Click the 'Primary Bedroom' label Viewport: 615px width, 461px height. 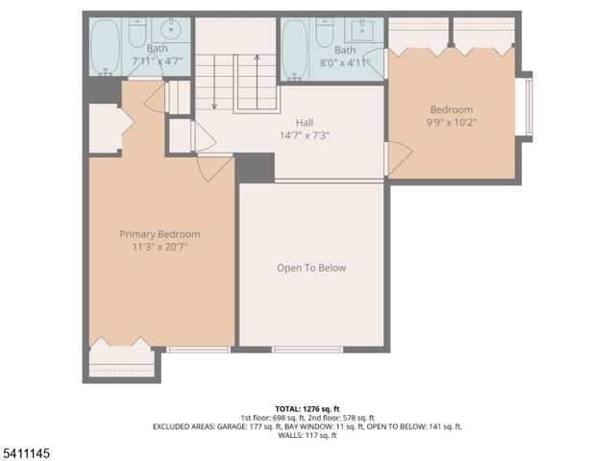160,234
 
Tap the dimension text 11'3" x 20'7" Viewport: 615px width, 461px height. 160,247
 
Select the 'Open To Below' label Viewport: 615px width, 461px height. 311,268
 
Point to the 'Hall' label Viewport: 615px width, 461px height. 305,123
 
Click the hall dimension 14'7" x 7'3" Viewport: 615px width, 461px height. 305,135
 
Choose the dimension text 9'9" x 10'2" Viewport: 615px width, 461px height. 451,123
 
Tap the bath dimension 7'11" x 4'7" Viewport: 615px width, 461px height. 157,61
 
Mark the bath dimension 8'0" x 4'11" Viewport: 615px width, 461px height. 345,62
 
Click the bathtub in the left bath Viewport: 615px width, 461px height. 106,48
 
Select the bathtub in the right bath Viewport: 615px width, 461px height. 295,48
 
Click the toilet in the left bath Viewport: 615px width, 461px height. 136,34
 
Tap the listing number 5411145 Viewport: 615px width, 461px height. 26,450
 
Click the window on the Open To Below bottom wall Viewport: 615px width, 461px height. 307,350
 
